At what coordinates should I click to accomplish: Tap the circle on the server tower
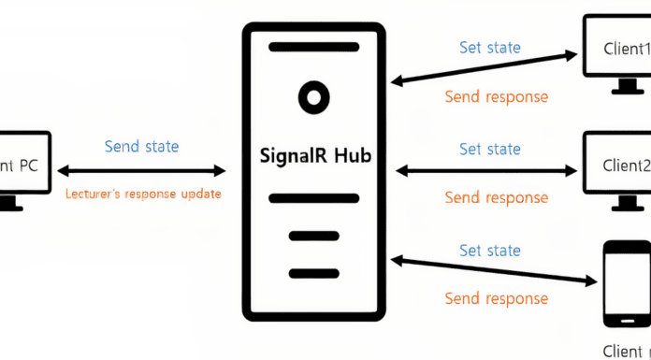[x=313, y=95]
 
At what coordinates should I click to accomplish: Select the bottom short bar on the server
[x=313, y=273]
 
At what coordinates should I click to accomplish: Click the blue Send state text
[x=141, y=147]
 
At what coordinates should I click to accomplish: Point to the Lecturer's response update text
[x=143, y=194]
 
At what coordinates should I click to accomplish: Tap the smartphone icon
[x=625, y=283]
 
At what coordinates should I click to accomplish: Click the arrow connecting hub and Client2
[x=487, y=171]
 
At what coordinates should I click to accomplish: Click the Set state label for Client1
[x=490, y=47]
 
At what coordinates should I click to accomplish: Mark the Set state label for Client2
[x=490, y=149]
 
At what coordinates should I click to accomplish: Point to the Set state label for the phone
[x=490, y=251]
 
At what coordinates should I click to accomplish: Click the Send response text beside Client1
[x=496, y=96]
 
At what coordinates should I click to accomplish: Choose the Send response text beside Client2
[x=496, y=197]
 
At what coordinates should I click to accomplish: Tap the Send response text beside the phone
[x=496, y=299]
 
